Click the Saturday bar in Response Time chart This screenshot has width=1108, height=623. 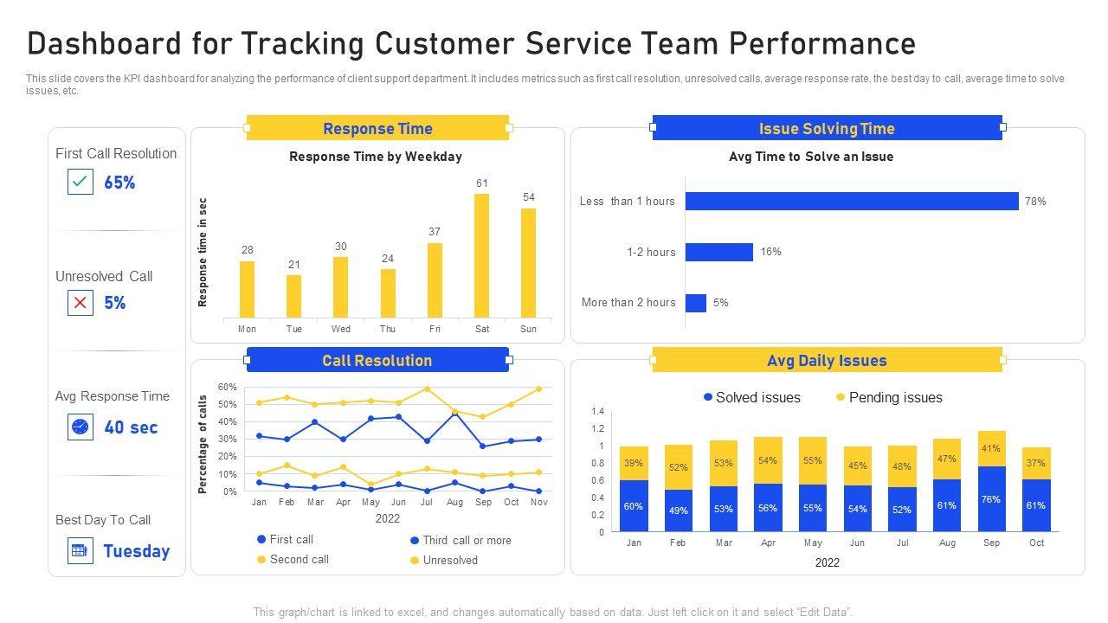(482, 255)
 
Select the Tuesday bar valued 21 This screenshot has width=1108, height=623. (294, 296)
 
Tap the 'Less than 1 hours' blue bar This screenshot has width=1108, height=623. (852, 201)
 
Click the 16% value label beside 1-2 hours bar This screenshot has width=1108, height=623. (770, 252)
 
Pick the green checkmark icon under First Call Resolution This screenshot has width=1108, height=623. (81, 182)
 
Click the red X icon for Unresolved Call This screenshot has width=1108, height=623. (81, 303)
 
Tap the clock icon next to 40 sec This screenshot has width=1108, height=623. (81, 427)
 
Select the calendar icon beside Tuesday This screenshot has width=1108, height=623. (81, 550)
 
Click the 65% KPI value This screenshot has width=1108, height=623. (119, 183)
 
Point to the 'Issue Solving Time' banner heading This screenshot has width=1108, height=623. (827, 129)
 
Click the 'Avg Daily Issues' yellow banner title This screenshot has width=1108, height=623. (827, 361)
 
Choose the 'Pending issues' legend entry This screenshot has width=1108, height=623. (895, 397)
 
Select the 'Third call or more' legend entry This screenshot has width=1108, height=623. (467, 540)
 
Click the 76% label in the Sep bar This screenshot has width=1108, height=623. (991, 499)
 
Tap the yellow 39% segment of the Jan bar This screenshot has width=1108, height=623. (634, 463)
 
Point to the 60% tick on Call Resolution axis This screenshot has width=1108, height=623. (227, 387)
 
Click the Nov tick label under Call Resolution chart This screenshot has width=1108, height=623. (538, 502)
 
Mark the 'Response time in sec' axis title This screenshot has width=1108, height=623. (203, 253)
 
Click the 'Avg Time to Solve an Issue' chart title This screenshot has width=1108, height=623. (811, 157)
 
